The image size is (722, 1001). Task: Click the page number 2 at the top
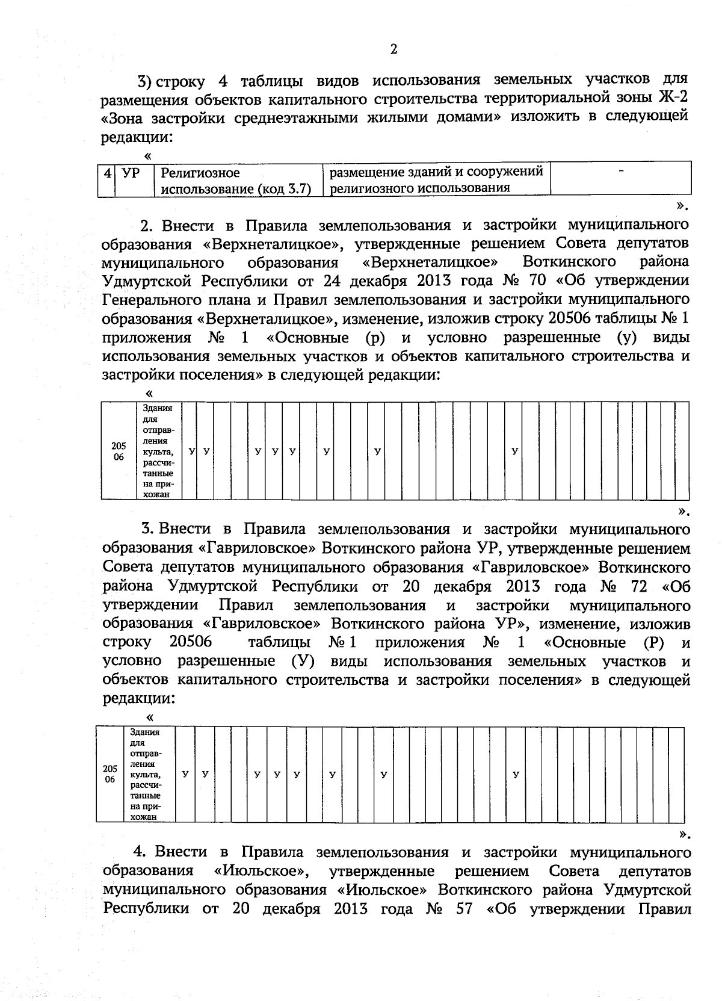[393, 49]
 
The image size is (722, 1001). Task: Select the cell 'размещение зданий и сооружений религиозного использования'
[436, 179]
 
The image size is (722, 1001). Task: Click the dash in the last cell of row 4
[620, 173]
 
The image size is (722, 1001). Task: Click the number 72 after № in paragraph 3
[637, 586]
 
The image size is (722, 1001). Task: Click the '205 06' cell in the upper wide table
[119, 451]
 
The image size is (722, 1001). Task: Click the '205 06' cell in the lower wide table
[110, 774]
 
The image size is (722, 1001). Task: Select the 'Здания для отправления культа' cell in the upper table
[158, 451]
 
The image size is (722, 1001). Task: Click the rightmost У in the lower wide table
[516, 774]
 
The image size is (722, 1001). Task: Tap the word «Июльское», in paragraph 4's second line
[264, 870]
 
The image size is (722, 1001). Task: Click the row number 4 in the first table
[107, 173]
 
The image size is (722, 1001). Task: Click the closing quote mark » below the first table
[681, 206]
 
